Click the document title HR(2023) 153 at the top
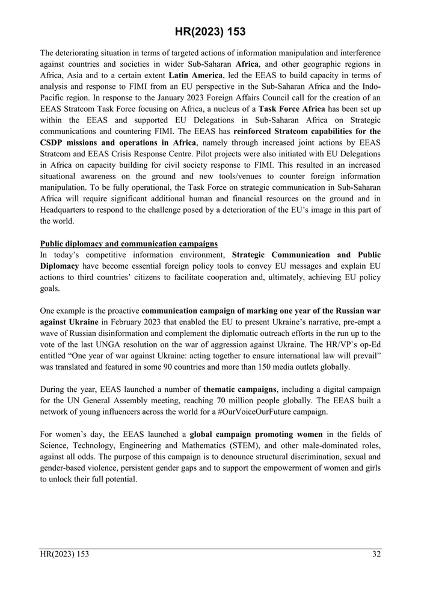pos(210,31)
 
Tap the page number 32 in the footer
pos(376,555)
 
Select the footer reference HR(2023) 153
pos(64,555)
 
